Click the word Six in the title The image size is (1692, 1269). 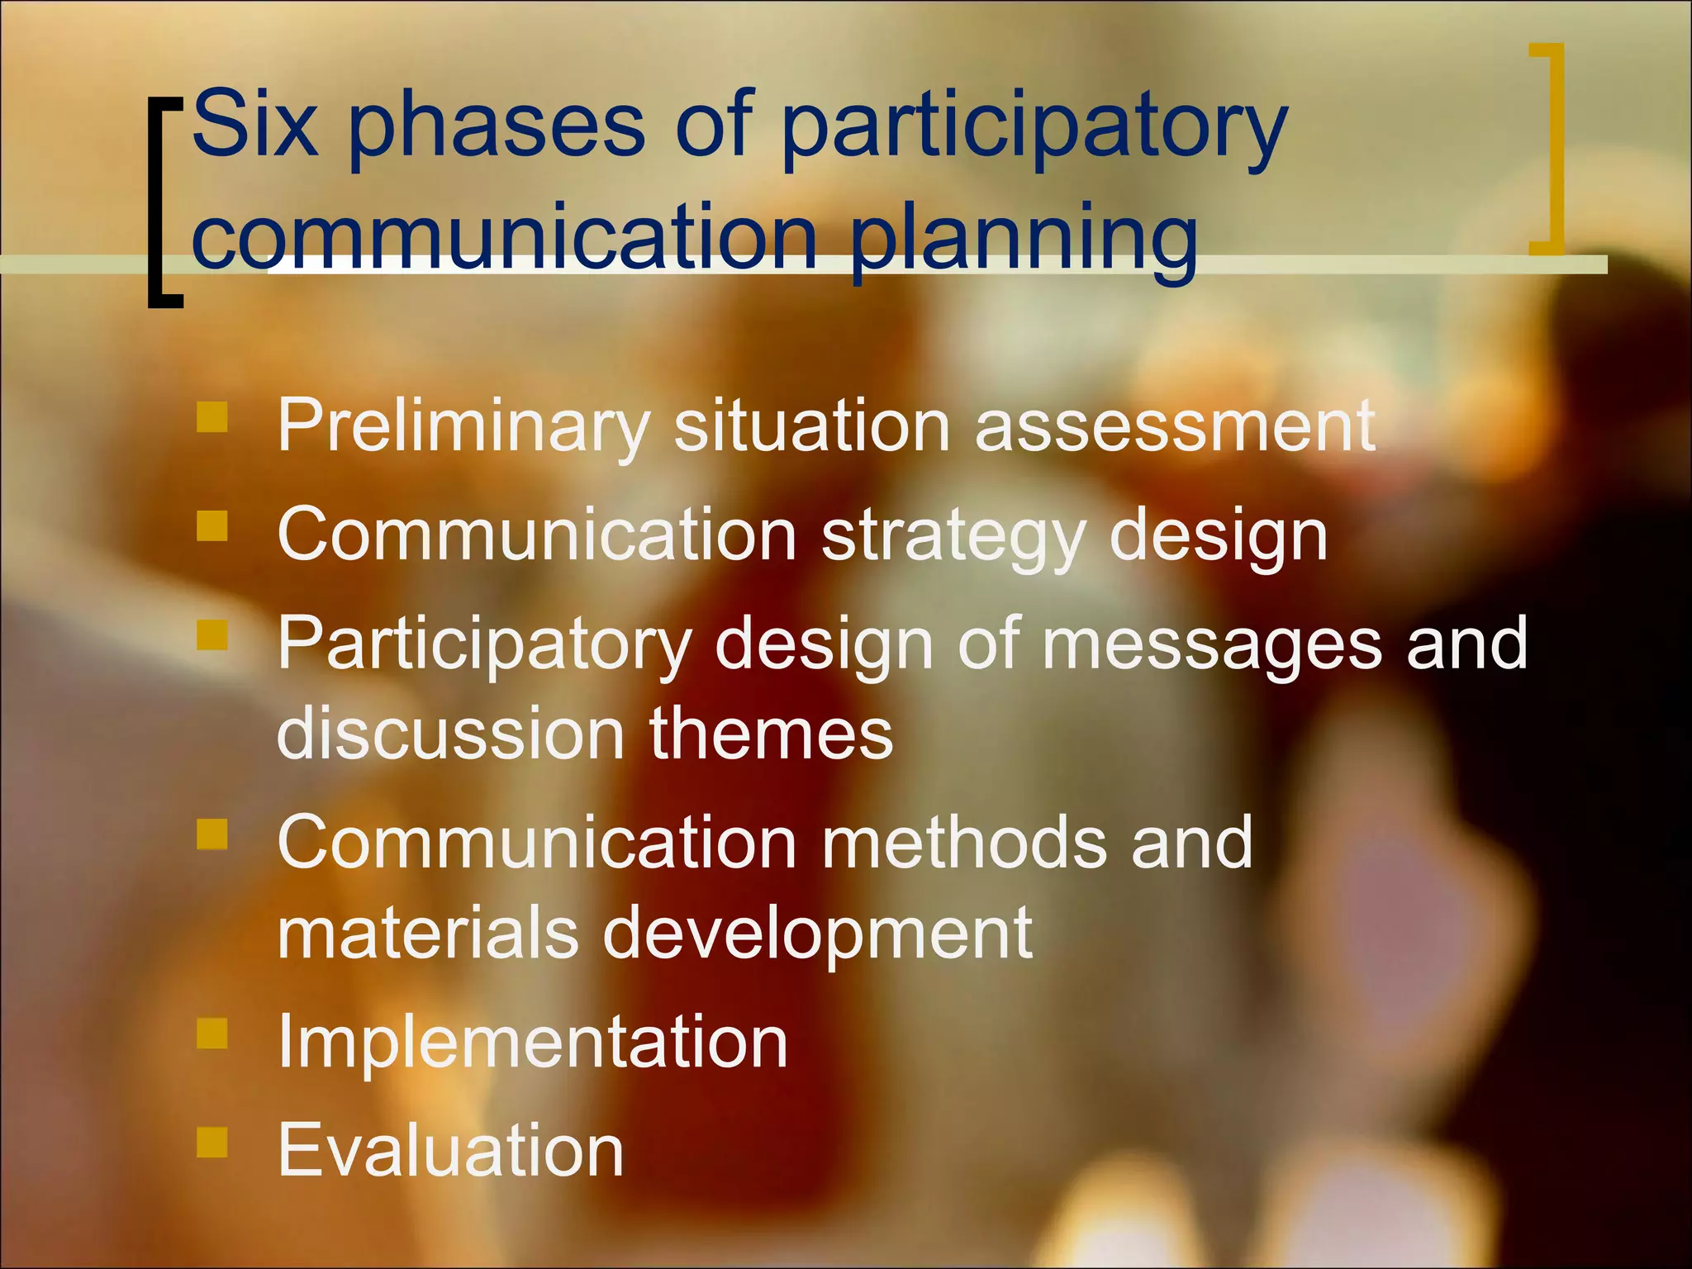click(x=254, y=124)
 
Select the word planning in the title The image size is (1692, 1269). click(x=1024, y=240)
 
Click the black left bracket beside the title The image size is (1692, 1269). click(x=161, y=202)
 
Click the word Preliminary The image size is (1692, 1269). click(x=463, y=426)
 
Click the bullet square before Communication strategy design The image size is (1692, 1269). click(x=212, y=526)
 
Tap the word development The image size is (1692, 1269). click(x=817, y=934)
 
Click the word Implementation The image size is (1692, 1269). click(x=532, y=1043)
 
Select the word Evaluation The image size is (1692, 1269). click(x=450, y=1150)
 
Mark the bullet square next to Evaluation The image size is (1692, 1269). click(x=212, y=1143)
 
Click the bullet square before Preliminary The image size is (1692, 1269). click(x=212, y=417)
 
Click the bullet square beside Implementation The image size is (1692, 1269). click(x=212, y=1033)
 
